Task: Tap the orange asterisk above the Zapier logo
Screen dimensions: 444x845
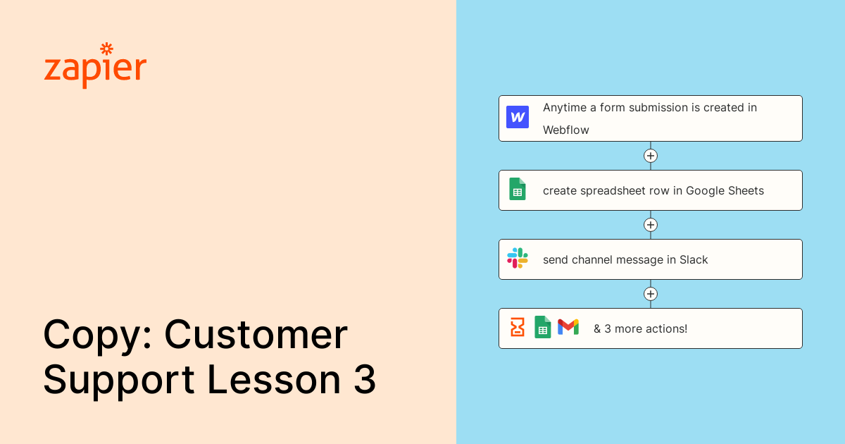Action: click(107, 49)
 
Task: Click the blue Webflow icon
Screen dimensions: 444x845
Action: click(518, 117)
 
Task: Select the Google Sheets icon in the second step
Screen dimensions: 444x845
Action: click(518, 189)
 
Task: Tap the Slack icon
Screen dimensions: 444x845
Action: click(518, 258)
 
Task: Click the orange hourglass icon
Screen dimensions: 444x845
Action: click(518, 327)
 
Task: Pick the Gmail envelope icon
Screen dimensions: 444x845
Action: click(568, 327)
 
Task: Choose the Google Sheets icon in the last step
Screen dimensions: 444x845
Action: click(543, 327)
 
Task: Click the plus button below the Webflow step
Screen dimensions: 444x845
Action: click(651, 156)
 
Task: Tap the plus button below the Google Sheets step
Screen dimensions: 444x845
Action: click(651, 225)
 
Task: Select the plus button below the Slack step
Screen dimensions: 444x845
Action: click(651, 294)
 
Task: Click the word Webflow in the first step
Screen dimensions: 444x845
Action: click(565, 130)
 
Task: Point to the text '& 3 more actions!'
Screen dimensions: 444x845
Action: click(640, 328)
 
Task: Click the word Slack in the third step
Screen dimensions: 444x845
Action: click(694, 259)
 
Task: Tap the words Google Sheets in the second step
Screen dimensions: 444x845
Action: click(725, 190)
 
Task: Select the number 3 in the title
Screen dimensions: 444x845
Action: click(364, 381)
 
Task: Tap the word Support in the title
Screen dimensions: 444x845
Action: click(118, 382)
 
